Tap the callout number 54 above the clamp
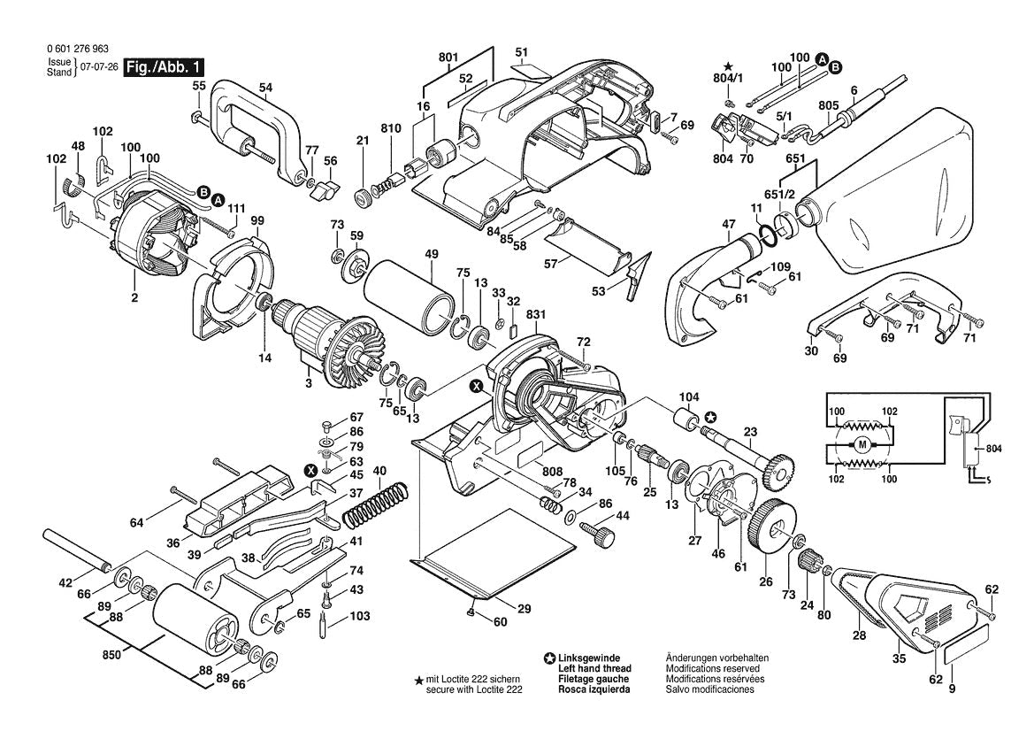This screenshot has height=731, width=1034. click(x=265, y=87)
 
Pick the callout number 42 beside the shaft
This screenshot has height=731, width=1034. click(x=65, y=582)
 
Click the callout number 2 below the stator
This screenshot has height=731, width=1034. click(x=134, y=298)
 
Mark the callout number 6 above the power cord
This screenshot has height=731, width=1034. click(x=854, y=90)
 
